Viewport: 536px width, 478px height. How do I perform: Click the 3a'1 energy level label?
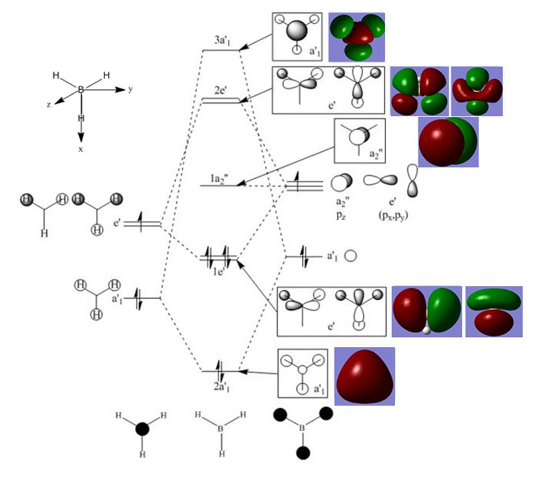(x=222, y=40)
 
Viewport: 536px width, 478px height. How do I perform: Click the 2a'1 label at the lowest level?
(x=221, y=387)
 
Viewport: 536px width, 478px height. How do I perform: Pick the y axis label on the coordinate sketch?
(x=130, y=89)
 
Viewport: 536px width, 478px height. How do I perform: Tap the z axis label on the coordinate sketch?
(x=49, y=105)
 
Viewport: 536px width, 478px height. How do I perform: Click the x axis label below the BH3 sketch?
(x=81, y=150)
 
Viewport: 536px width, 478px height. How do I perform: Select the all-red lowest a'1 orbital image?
(x=364, y=376)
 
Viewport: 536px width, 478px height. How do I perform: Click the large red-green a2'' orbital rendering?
(x=448, y=142)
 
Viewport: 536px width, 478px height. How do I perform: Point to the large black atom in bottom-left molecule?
(x=142, y=429)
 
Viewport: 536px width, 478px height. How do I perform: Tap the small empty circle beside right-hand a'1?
(x=350, y=256)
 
